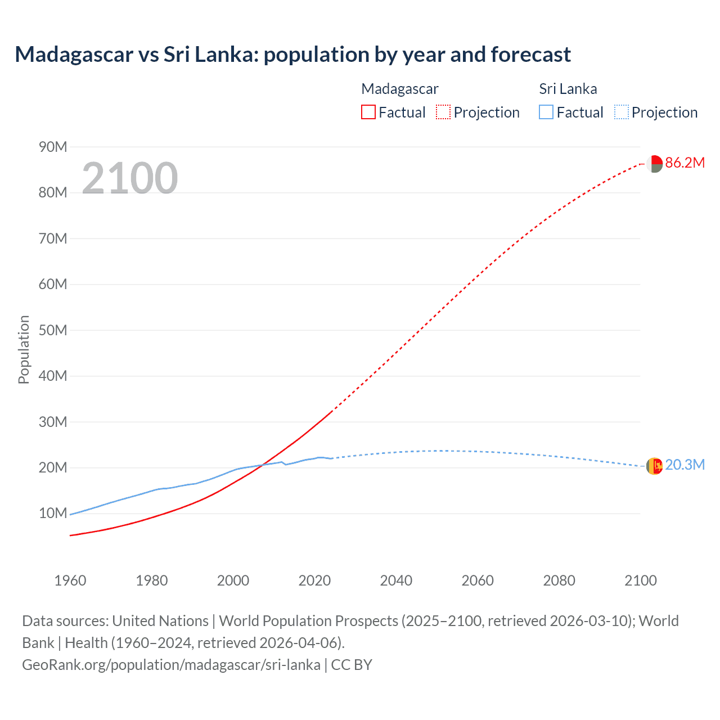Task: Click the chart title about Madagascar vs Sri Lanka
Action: point(292,55)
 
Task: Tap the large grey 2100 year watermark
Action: point(130,178)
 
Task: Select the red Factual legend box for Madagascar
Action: point(368,112)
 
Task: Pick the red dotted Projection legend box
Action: point(443,112)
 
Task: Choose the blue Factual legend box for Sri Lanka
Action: point(546,112)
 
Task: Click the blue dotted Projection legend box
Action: point(621,112)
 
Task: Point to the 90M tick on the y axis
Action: point(53,147)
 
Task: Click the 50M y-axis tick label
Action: point(53,330)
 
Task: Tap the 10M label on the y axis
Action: point(53,513)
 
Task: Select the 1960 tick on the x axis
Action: point(70,580)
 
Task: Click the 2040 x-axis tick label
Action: point(396,580)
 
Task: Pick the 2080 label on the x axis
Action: point(559,580)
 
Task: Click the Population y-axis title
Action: point(24,349)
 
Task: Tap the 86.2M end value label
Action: point(685,163)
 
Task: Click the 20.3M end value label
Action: point(685,465)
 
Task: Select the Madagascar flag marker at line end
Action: point(654,164)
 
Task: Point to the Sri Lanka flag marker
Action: point(654,466)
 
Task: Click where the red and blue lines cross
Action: point(263,464)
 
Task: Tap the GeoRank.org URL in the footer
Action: point(171,665)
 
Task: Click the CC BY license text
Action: point(352,665)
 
